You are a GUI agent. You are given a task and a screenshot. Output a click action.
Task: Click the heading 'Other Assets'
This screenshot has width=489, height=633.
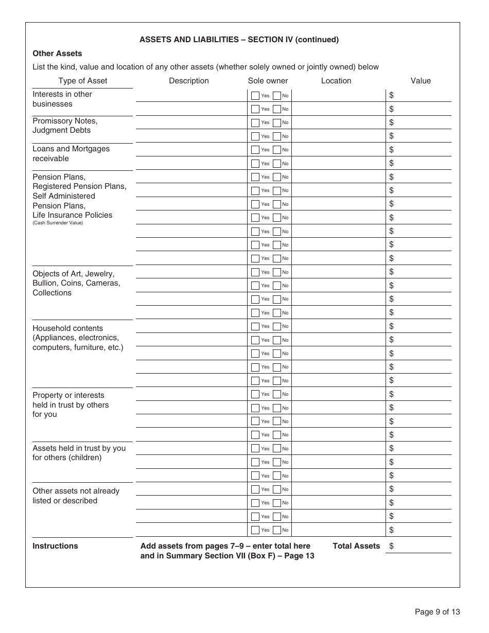(x=57, y=54)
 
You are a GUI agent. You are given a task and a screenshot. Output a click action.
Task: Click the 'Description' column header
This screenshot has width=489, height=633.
(x=188, y=81)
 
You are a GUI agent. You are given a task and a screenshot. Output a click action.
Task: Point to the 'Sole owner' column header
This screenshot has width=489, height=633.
(x=268, y=81)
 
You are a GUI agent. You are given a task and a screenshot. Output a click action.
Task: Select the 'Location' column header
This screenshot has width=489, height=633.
(x=336, y=81)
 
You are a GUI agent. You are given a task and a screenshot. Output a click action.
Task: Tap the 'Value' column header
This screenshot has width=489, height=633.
(x=420, y=81)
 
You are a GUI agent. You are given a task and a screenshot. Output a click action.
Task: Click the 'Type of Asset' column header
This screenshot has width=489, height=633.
(x=82, y=81)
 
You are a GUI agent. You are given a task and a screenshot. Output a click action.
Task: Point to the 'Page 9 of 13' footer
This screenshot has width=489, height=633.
(x=437, y=612)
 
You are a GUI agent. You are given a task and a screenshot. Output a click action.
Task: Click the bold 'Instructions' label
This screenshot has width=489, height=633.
(x=55, y=546)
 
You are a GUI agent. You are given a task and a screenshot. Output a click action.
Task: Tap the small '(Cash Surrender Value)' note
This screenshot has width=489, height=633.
(x=58, y=223)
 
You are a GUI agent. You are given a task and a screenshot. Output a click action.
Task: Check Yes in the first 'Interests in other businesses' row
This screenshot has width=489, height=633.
(x=255, y=96)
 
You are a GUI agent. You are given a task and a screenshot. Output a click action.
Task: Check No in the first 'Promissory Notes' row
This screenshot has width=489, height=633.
(x=277, y=122)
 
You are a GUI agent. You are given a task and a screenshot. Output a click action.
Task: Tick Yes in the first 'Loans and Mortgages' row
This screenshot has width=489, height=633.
(x=255, y=150)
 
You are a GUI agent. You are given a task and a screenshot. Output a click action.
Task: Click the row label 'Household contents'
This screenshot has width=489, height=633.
(x=67, y=328)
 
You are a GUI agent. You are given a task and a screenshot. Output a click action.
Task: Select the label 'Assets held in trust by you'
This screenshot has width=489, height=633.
(x=79, y=448)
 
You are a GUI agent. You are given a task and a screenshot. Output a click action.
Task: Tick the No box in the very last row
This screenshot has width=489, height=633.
(x=277, y=530)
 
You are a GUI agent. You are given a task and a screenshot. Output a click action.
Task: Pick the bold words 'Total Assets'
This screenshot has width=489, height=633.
(x=356, y=546)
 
